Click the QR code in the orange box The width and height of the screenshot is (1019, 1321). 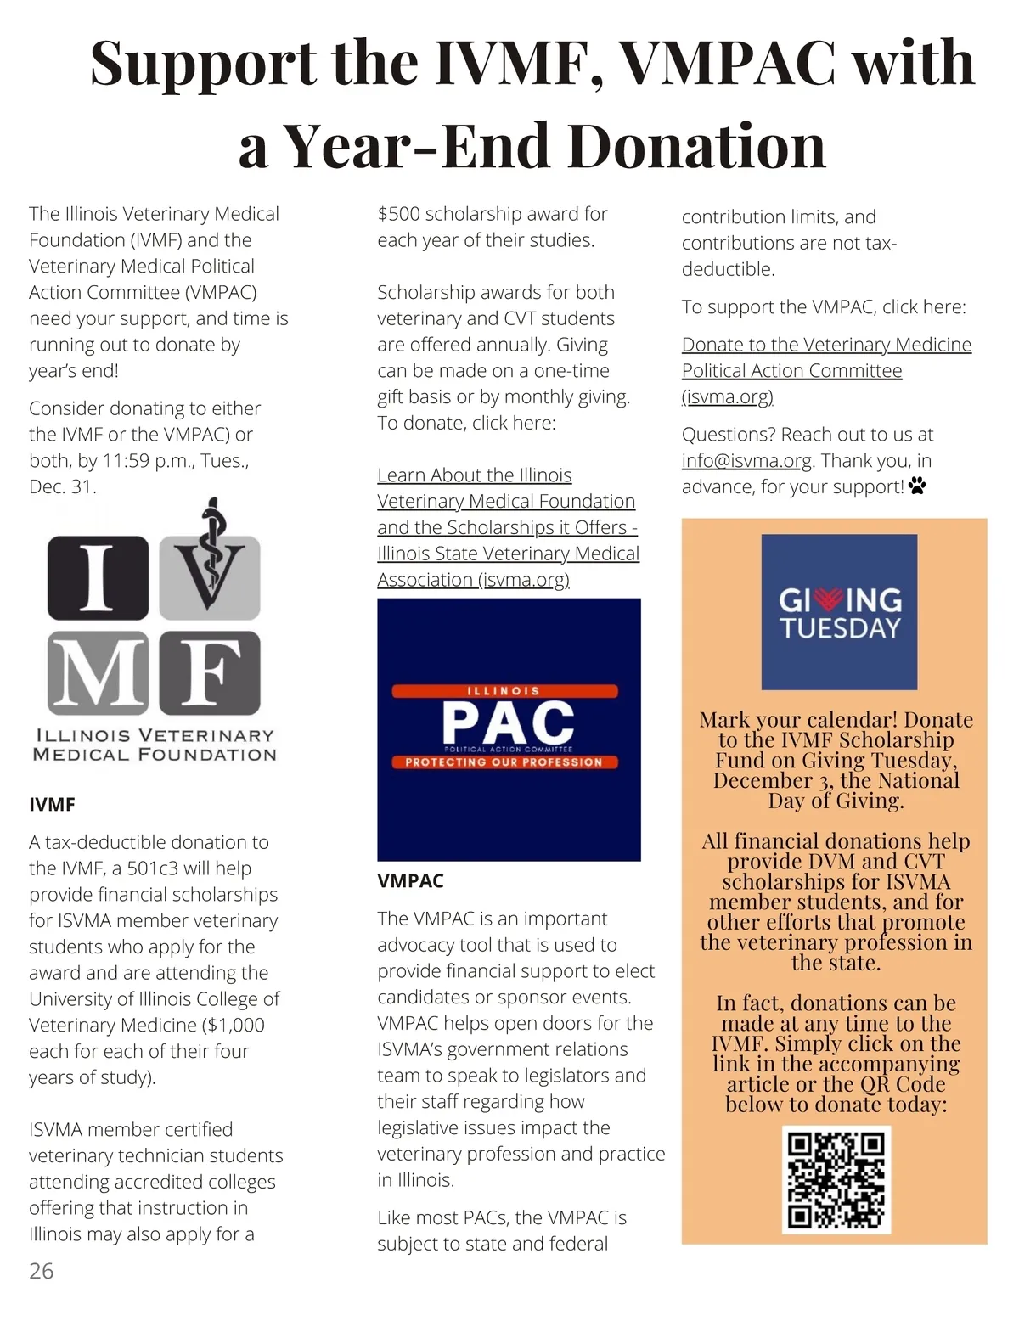pyautogui.click(x=836, y=1180)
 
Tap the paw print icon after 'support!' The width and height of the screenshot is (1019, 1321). pyautogui.click(x=917, y=486)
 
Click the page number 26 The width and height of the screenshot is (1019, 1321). pyautogui.click(x=41, y=1271)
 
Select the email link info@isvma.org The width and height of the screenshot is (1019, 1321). pyautogui.click(x=746, y=461)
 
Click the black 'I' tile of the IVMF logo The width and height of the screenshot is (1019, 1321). pyautogui.click(x=97, y=577)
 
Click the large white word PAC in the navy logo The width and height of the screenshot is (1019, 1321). pyautogui.click(x=508, y=722)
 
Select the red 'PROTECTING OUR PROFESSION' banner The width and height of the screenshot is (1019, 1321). pyautogui.click(x=504, y=762)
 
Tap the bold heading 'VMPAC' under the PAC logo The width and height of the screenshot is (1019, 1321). pyautogui.click(x=410, y=881)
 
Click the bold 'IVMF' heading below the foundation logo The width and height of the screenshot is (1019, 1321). pyautogui.click(x=52, y=805)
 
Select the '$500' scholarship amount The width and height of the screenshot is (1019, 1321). pyautogui.click(x=398, y=214)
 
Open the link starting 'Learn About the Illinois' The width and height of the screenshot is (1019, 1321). pyautogui.click(x=474, y=475)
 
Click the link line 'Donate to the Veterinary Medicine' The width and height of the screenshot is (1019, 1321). pyautogui.click(x=826, y=345)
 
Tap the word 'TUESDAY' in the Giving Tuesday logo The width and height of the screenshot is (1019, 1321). pyautogui.click(x=839, y=629)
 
